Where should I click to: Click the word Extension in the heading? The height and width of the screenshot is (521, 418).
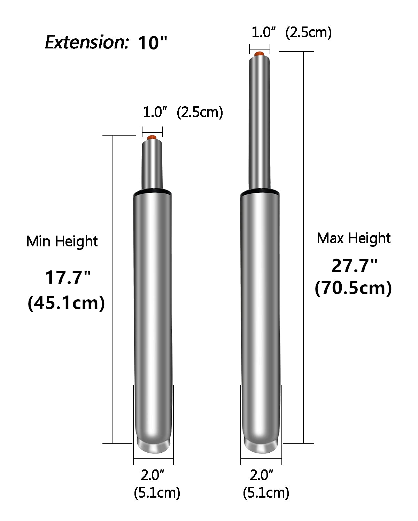pos(86,42)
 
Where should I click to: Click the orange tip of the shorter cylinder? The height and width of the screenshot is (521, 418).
pos(152,138)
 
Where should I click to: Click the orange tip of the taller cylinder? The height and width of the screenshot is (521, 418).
pos(260,54)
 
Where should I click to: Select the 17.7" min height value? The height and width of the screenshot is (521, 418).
pos(68,277)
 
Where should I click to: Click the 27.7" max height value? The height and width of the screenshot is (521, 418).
pos(355,266)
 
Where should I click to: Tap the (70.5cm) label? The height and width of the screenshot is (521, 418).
pos(353,288)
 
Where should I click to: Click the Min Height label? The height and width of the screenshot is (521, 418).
pos(62,242)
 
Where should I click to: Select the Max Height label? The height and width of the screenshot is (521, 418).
pos(354,238)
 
